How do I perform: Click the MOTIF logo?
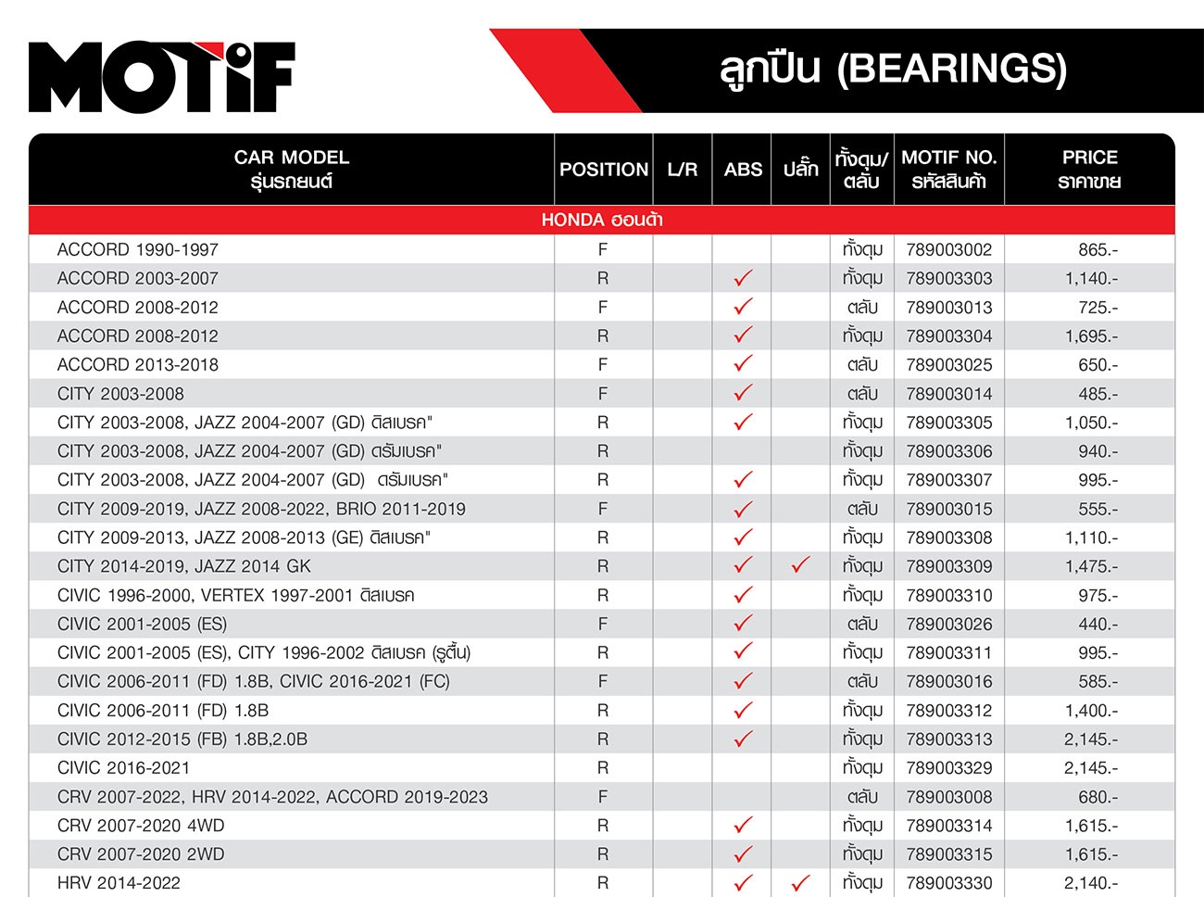click(x=162, y=77)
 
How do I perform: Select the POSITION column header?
click(x=604, y=170)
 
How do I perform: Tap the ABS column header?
click(x=743, y=170)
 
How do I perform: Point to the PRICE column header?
click(x=1089, y=169)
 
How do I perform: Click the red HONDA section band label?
click(x=602, y=220)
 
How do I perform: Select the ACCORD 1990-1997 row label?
click(x=138, y=249)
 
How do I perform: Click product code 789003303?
click(x=948, y=278)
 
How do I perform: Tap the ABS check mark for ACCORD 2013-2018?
click(x=743, y=364)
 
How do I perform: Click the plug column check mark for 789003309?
click(x=801, y=565)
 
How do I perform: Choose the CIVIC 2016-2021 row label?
click(x=123, y=768)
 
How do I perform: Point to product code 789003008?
click(x=948, y=797)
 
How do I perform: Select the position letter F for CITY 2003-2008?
click(x=603, y=394)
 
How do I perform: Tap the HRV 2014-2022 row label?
click(x=119, y=883)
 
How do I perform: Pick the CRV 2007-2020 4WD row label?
click(x=141, y=826)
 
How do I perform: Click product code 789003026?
click(x=948, y=625)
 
